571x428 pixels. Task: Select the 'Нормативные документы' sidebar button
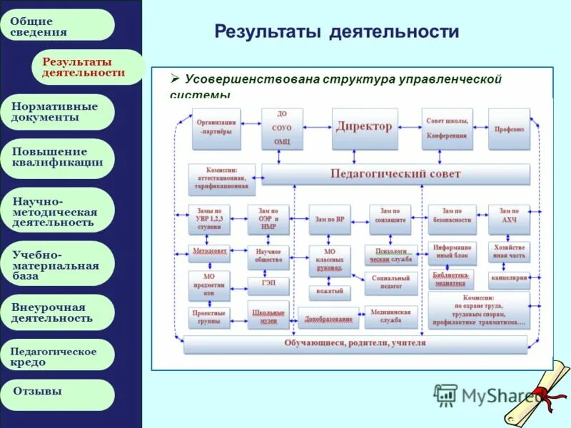point(62,112)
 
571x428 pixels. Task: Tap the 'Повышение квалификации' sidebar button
point(62,157)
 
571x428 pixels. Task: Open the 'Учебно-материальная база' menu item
point(62,264)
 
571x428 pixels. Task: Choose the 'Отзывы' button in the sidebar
point(62,392)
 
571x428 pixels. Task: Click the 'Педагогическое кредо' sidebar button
point(62,357)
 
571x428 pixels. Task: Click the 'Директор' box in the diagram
point(364,128)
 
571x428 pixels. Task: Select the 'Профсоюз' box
point(509,129)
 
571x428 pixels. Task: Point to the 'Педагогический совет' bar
point(395,174)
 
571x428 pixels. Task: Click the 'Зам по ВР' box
point(329,220)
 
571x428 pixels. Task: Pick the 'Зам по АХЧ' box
point(509,220)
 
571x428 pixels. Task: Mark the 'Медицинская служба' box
point(390,317)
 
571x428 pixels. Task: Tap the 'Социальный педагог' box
point(390,282)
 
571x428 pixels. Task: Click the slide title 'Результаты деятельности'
point(336,32)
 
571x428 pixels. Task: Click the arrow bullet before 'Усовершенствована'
point(174,78)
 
